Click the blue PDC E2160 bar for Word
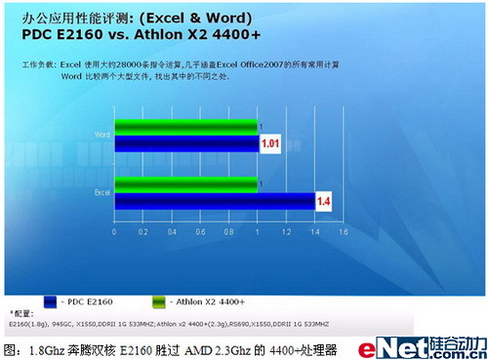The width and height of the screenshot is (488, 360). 185,144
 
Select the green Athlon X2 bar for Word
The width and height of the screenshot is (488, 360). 185,126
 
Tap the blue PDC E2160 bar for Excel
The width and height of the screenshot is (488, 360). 215,201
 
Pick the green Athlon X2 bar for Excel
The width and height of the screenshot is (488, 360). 185,183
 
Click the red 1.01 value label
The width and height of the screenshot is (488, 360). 270,144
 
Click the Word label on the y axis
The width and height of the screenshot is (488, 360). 102,135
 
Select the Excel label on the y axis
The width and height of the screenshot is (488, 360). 102,192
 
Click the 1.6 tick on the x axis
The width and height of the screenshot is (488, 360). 344,232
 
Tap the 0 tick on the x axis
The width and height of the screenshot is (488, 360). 115,232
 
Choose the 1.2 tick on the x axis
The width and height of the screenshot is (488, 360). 287,232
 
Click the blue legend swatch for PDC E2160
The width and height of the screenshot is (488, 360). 45,302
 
